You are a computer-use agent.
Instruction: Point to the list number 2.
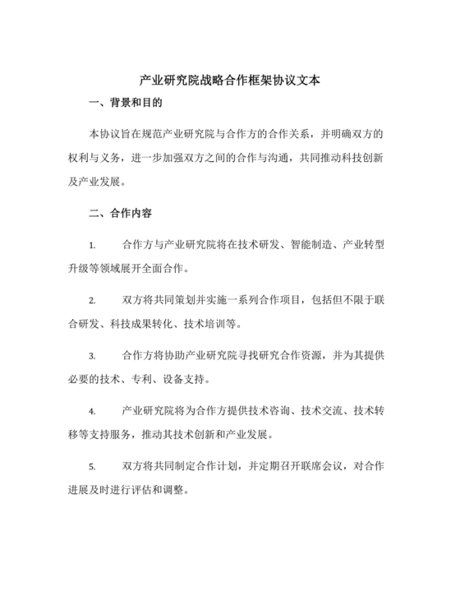(92, 300)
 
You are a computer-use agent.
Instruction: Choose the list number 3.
(92, 355)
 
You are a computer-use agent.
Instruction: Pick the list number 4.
(92, 410)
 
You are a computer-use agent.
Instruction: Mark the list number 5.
(92, 465)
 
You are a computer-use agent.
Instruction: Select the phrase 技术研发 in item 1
(257, 245)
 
